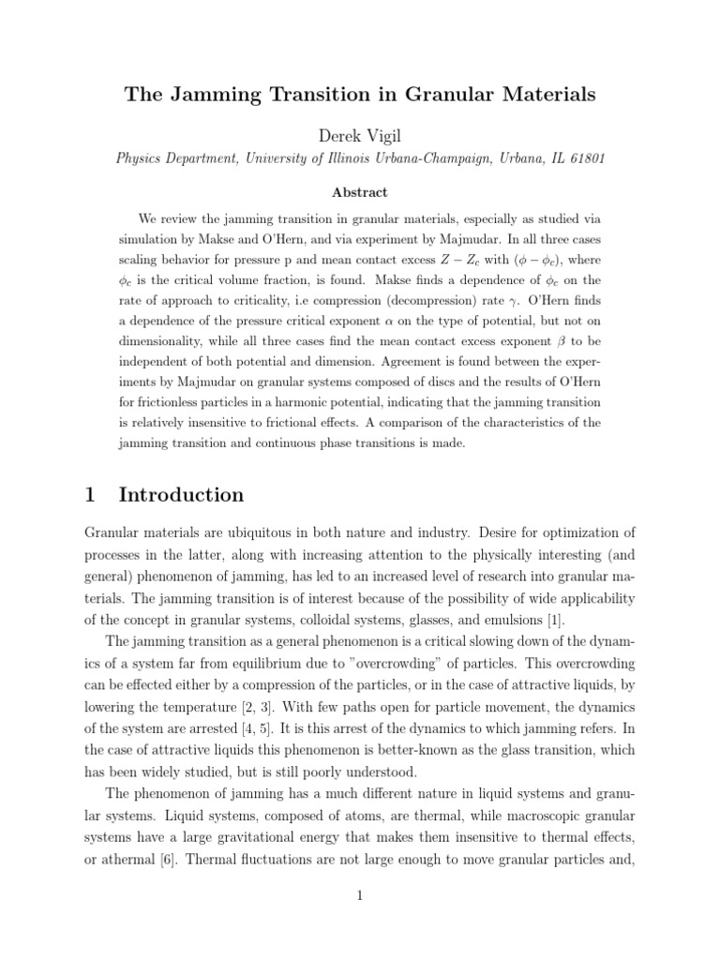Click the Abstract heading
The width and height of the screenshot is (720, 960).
[360, 192]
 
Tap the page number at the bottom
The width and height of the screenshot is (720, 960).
[360, 895]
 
